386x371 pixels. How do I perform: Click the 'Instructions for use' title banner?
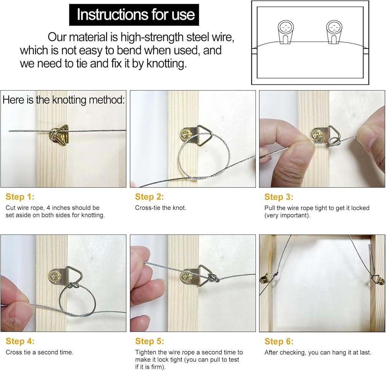(x=134, y=15)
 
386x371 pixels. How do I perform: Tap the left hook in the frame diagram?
(x=286, y=32)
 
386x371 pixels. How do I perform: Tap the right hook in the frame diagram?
(x=334, y=32)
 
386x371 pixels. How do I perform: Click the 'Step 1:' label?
(x=20, y=197)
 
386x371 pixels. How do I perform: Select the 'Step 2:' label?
(x=149, y=197)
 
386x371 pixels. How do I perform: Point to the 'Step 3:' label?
(x=279, y=197)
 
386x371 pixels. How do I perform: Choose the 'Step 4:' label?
(x=20, y=341)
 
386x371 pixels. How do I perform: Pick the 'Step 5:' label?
(x=149, y=341)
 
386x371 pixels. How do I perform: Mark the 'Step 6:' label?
(x=279, y=341)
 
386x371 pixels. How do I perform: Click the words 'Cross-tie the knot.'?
(x=161, y=208)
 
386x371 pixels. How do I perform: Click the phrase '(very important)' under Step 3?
(x=287, y=216)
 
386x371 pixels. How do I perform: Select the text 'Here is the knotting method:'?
(x=64, y=100)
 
